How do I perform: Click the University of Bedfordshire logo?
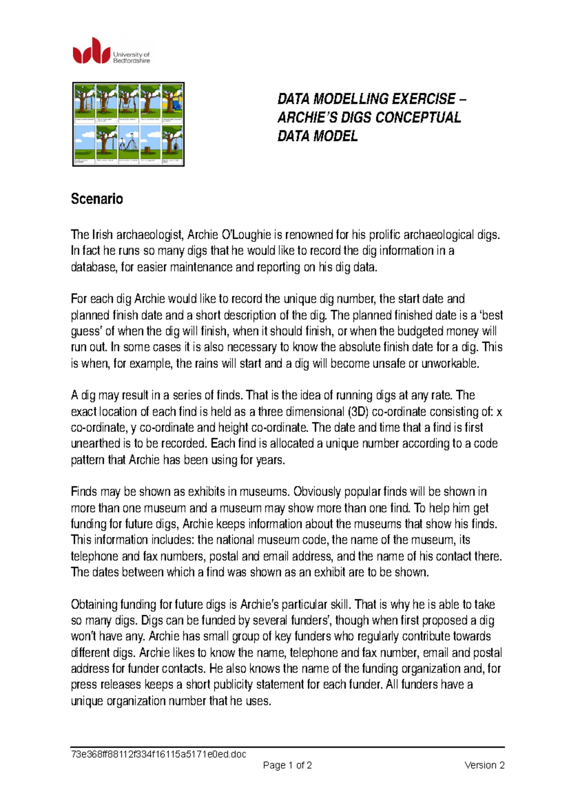click(x=111, y=51)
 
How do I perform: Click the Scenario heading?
click(x=97, y=199)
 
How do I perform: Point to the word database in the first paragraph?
click(x=92, y=267)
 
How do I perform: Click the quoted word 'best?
click(x=491, y=315)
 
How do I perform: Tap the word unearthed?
click(x=95, y=444)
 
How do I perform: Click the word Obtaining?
click(x=94, y=604)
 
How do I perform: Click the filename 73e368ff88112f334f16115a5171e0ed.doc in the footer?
click(x=158, y=754)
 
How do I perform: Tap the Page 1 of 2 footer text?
click(x=287, y=765)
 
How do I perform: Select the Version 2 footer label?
click(x=484, y=765)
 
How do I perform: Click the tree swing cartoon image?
click(x=128, y=124)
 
